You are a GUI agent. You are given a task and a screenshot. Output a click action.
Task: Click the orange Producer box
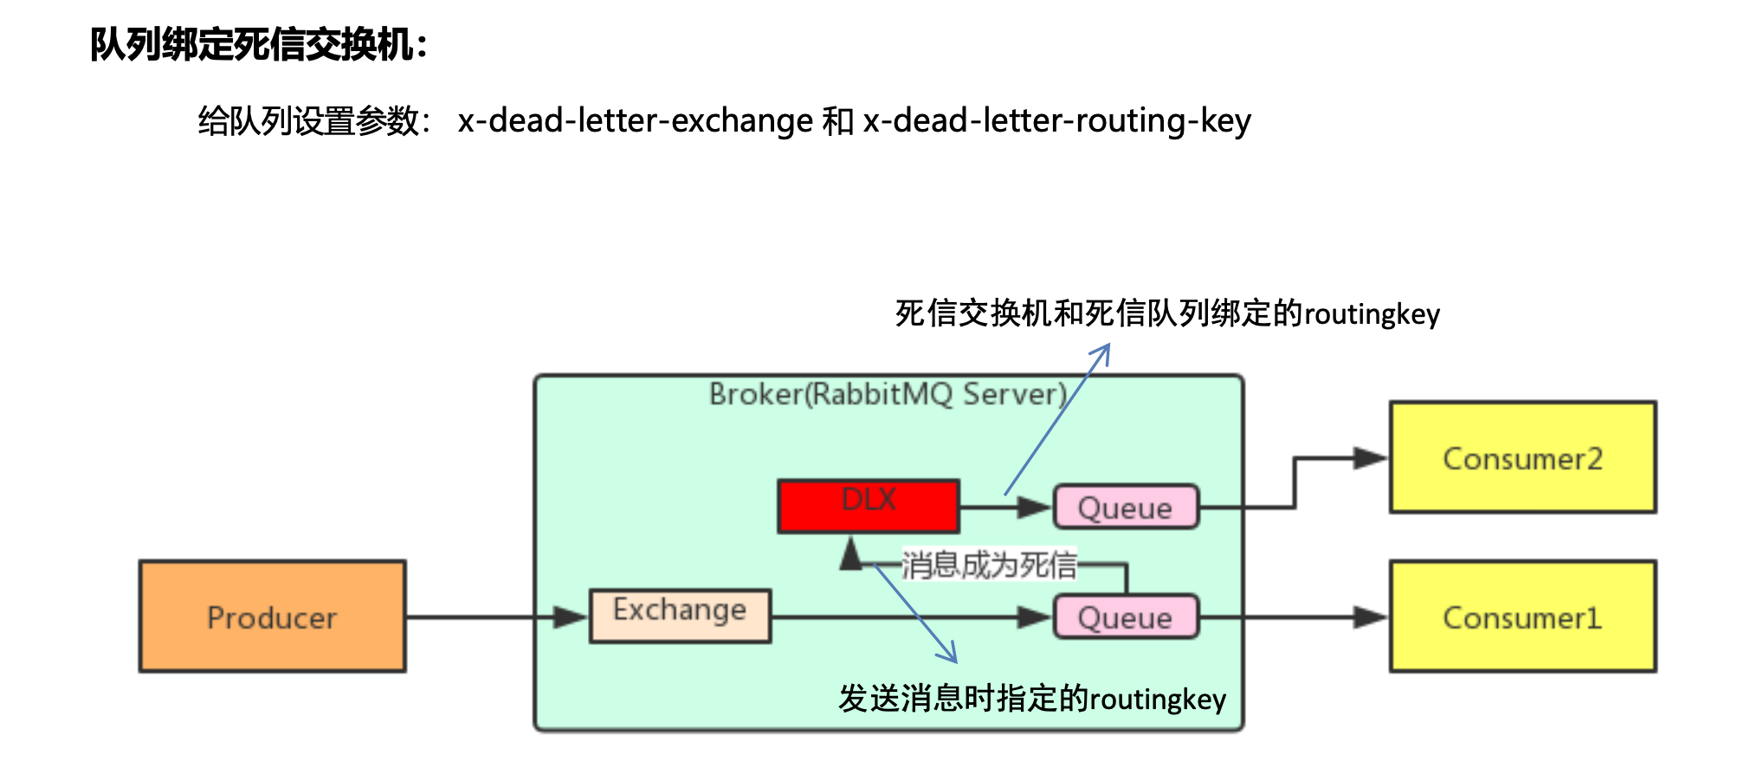pos(272,616)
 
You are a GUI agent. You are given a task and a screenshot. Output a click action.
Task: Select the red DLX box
pos(869,506)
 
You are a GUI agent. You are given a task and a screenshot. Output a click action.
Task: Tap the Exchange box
pos(680,616)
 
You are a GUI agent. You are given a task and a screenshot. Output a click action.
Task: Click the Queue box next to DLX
pos(1125,507)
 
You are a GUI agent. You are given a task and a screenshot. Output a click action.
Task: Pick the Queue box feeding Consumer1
pos(1125,617)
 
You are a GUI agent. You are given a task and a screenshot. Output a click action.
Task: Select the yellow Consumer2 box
pos(1522,458)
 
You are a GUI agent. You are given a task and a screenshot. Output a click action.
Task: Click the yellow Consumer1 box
pos(1522,616)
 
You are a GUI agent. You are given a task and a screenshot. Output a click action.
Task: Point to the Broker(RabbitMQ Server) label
pos(888,394)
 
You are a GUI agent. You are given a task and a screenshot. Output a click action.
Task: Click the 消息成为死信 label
pos(989,564)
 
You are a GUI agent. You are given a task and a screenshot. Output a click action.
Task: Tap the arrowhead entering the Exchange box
pos(572,617)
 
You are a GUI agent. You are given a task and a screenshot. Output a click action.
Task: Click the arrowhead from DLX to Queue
pos(1034,507)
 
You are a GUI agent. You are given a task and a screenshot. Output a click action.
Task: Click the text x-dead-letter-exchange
pos(635,120)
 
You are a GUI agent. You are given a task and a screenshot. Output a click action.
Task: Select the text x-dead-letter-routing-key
pos(1056,120)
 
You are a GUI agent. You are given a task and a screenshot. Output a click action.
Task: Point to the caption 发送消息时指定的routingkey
pos(1031,698)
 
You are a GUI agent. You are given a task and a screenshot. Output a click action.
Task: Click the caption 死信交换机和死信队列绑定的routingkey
pos(1166,313)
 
